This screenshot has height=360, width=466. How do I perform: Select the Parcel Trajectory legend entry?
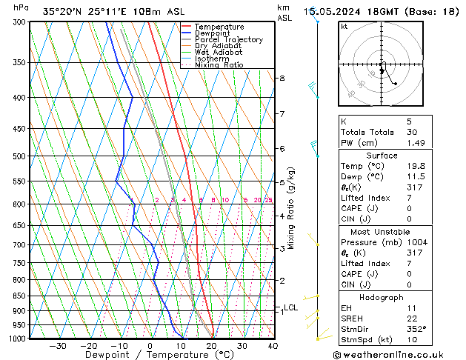228,40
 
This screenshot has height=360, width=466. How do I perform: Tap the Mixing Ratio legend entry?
219,65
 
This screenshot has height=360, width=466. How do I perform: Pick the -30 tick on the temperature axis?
58,346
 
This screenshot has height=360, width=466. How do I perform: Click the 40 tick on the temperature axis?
273,346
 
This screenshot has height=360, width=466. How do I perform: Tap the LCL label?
290,307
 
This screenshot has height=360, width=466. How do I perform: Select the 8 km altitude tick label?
282,79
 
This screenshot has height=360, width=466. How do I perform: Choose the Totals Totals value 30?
413,132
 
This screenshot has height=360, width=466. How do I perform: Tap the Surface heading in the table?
382,156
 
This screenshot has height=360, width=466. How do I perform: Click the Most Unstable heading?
382,232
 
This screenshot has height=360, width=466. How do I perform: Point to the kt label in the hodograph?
344,27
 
